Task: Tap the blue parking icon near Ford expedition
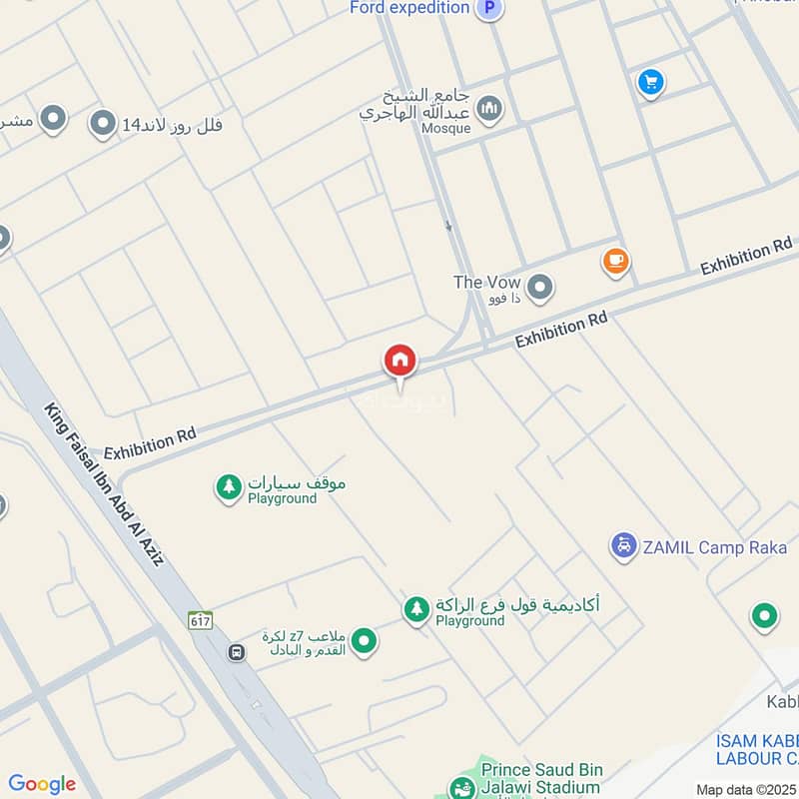pyautogui.click(x=488, y=8)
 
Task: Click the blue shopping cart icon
pyautogui.click(x=651, y=82)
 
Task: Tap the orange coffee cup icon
pyautogui.click(x=615, y=262)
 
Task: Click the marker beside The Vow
pyautogui.click(x=540, y=289)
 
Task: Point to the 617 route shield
pyautogui.click(x=200, y=620)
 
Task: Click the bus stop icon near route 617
pyautogui.click(x=237, y=652)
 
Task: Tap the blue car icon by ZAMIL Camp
pyautogui.click(x=623, y=546)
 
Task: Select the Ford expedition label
pyautogui.click(x=409, y=8)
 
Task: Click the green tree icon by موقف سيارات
pyautogui.click(x=229, y=487)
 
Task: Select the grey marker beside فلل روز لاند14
pyautogui.click(x=102, y=125)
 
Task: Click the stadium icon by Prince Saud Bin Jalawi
pyautogui.click(x=461, y=788)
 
